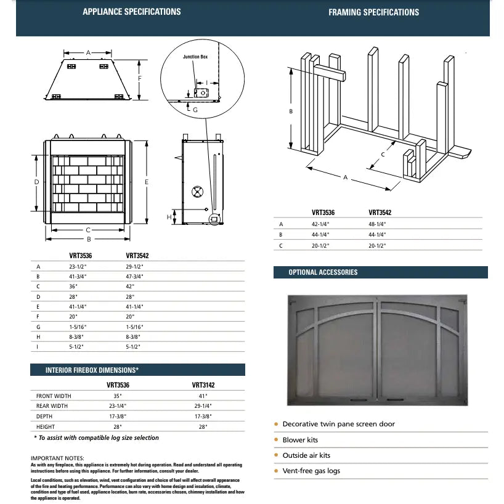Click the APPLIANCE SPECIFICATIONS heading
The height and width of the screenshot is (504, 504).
point(131,12)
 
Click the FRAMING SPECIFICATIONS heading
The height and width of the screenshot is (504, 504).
point(373,12)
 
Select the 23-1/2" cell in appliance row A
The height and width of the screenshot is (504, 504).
point(78,267)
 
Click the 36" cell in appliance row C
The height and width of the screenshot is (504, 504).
point(74,287)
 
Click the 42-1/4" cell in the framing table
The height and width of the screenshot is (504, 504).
point(321,224)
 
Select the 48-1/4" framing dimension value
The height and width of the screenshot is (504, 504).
point(378,224)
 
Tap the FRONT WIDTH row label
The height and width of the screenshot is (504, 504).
point(54,396)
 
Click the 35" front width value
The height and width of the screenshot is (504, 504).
point(117,396)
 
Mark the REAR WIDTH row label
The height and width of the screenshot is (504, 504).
point(52,406)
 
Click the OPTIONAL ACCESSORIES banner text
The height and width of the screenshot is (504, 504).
point(323,272)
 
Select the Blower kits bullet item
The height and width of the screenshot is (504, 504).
point(300,440)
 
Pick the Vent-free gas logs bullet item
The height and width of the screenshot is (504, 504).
point(311,471)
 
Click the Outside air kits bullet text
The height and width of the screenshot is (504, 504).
point(306,455)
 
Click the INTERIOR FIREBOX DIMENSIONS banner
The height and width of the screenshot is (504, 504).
point(92,370)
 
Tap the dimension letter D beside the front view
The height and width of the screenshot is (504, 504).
point(37,182)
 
